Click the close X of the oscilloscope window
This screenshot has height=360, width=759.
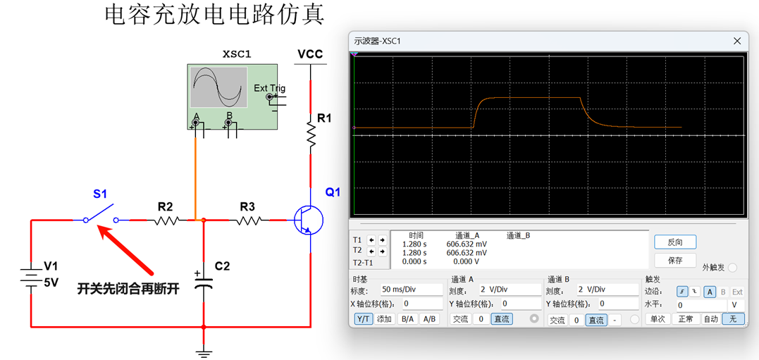click(737, 41)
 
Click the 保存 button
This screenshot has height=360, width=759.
click(675, 261)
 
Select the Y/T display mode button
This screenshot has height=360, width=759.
click(364, 319)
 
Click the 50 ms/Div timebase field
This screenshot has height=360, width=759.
click(412, 290)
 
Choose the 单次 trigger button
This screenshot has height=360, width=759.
click(657, 319)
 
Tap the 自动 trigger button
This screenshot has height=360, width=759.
click(711, 319)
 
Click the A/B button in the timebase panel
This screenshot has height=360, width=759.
click(429, 319)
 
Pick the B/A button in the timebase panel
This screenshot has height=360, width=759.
click(407, 319)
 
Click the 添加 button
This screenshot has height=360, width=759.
click(384, 319)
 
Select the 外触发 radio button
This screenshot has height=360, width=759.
click(733, 268)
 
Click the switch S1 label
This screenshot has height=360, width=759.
click(100, 194)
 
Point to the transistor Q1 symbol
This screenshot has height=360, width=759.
click(309, 220)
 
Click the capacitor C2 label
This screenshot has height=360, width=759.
click(222, 266)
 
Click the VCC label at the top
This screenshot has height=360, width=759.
click(310, 54)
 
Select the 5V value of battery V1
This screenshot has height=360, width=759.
click(51, 282)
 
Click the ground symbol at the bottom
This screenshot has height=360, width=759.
click(204, 352)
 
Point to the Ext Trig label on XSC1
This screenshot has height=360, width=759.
click(269, 89)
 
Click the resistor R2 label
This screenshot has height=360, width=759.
click(165, 206)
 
